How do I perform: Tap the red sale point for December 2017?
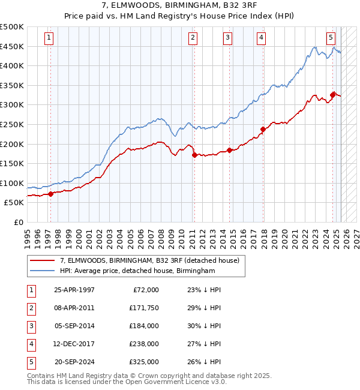pos(263,129)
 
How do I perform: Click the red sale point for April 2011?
pos(194,155)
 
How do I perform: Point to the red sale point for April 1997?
pos(51,193)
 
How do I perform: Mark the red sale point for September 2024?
pos(332,94)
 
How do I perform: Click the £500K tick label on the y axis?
pos(12,27)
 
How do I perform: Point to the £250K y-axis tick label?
pos(12,124)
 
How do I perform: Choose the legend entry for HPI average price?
pos(137,271)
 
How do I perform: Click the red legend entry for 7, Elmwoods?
pos(149,260)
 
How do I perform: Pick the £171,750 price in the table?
pos(142,308)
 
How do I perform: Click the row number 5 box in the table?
pos(30,362)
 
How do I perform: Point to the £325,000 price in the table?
pos(142,362)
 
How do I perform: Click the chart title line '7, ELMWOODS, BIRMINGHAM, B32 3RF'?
pos(180,5)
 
